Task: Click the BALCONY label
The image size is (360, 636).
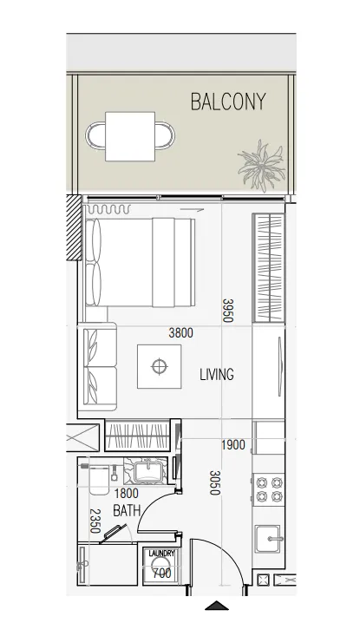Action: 228,102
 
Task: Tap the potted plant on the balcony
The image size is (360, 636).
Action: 261,166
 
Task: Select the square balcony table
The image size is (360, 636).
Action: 130,136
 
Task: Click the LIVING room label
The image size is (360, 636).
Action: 217,374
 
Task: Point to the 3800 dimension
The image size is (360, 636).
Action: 180,333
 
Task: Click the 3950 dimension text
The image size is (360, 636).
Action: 228,311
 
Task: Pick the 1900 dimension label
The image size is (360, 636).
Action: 233,445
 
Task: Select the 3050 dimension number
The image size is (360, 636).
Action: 215,482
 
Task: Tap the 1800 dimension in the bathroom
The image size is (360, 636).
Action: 127,494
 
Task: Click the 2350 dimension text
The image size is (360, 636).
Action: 95,521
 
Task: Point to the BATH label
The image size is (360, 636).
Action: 127,511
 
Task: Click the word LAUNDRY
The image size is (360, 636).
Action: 161,554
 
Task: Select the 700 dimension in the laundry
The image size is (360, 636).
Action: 161,574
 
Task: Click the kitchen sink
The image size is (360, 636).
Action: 267,539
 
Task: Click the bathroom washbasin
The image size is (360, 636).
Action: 148,470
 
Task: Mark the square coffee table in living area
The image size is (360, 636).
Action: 160,367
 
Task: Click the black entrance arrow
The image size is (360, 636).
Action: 217,605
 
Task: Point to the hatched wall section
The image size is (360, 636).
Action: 74,227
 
